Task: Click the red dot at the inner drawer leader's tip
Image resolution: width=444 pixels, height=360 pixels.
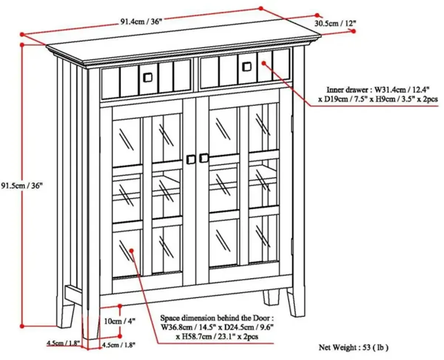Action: [264, 63]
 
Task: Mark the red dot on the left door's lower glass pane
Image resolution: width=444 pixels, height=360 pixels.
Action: [131, 250]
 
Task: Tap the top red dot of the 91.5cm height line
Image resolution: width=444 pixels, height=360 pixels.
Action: [22, 45]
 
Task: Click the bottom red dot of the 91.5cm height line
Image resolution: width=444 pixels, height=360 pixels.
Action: [22, 326]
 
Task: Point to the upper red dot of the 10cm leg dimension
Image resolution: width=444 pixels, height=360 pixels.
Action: [120, 306]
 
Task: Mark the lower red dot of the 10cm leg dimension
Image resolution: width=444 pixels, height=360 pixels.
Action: [120, 336]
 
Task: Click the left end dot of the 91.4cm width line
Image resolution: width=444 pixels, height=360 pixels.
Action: [22, 34]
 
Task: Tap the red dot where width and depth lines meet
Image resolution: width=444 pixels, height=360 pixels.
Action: [261, 9]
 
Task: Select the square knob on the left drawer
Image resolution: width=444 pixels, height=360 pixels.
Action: [148, 78]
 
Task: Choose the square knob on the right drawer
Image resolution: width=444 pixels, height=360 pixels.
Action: [246, 67]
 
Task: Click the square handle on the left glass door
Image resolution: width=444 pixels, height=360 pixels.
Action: [191, 159]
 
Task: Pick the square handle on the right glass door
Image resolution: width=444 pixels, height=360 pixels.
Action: [203, 158]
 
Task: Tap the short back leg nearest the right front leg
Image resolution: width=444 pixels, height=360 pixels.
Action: [271, 297]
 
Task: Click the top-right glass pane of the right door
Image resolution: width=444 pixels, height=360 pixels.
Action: [263, 127]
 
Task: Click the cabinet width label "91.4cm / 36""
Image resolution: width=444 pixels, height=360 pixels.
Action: [141, 22]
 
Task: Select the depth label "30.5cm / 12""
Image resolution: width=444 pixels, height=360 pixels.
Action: [335, 24]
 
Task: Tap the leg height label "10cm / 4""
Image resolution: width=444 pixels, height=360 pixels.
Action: [120, 321]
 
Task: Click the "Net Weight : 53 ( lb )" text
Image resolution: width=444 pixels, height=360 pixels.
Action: [353, 347]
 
